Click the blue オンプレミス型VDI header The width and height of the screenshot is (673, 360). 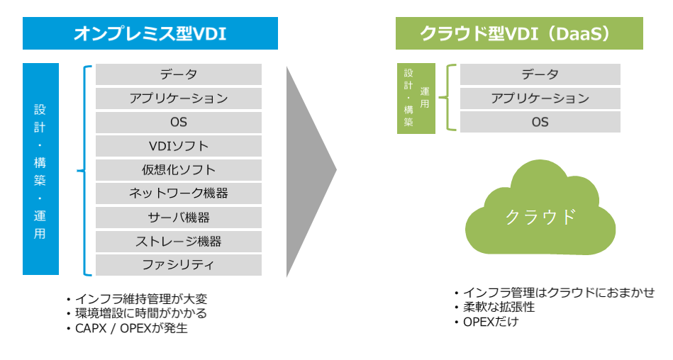[150, 33]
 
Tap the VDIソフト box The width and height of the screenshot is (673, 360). [179, 146]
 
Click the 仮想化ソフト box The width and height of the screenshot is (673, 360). [179, 170]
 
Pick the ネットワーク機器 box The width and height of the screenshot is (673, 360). [179, 193]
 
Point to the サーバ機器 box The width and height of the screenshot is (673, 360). [179, 218]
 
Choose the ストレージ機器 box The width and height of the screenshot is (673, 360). [179, 242]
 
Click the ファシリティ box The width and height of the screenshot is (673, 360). [179, 265]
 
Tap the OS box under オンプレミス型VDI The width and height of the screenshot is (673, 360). [179, 122]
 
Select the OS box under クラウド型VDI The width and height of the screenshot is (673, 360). [540, 122]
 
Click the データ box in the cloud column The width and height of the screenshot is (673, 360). [540, 74]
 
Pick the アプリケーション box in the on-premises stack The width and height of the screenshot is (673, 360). [179, 99]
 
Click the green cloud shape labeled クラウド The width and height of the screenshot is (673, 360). [540, 213]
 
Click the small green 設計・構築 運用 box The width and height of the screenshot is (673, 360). [416, 99]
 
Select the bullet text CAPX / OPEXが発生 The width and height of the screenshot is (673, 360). [131, 328]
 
